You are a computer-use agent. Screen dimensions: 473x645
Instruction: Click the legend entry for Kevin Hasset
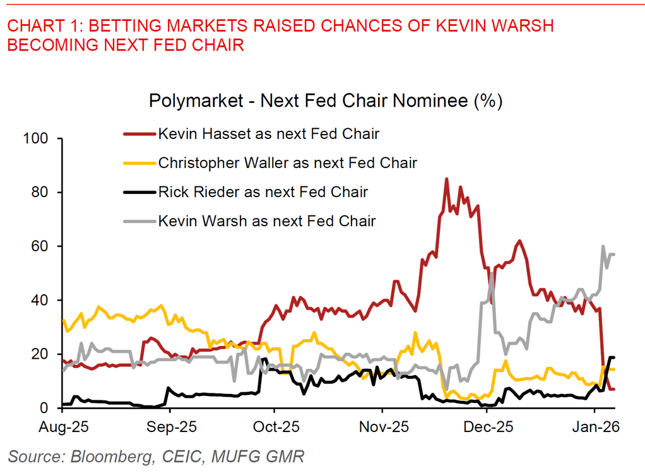click(x=268, y=133)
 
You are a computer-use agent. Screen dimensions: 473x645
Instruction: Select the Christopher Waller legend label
click(x=287, y=162)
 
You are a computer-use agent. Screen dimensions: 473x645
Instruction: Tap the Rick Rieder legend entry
click(x=263, y=191)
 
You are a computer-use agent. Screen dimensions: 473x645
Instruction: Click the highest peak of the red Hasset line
click(x=447, y=179)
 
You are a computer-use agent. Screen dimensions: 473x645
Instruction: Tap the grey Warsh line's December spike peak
click(x=492, y=273)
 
